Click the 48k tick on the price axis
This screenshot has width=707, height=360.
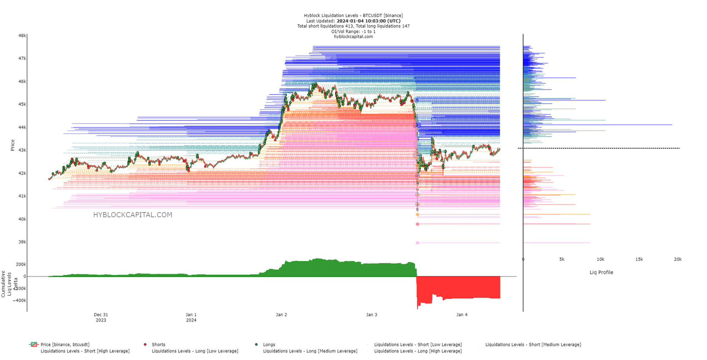coord(22,36)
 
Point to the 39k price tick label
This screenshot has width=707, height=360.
coord(22,242)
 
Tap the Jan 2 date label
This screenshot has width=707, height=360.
coord(281,315)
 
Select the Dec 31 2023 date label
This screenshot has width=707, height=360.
coord(101,317)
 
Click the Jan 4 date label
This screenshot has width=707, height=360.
coord(462,315)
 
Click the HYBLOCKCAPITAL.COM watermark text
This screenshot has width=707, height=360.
coord(133,215)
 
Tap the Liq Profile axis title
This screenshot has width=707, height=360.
coord(601,273)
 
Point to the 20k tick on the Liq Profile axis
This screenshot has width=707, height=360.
coord(677,260)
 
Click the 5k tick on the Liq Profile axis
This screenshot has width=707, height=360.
coord(562,260)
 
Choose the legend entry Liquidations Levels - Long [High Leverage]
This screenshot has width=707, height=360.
coord(418,351)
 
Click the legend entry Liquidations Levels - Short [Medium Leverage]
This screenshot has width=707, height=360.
coord(533,345)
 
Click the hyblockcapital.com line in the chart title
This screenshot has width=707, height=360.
coord(353,37)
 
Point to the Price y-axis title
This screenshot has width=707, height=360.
coord(13,145)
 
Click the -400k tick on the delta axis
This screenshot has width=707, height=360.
coord(19,300)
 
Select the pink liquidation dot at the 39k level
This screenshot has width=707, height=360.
coord(417,243)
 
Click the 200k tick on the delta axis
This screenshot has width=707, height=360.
coord(20,264)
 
